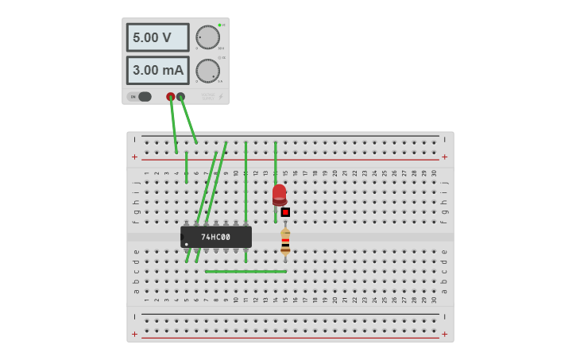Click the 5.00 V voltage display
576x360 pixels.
[x=157, y=37]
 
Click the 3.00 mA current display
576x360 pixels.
[x=157, y=70]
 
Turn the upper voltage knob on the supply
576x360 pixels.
[x=207, y=37]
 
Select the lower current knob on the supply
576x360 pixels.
[x=207, y=71]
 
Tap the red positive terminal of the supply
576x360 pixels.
[x=170, y=97]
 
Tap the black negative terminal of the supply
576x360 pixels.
[x=181, y=97]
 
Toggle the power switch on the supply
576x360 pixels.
[x=142, y=97]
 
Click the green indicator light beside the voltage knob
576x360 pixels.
[x=219, y=25]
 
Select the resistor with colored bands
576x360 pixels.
[x=285, y=242]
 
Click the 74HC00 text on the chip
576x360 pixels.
[x=215, y=237]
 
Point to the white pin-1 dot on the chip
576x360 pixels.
[x=187, y=244]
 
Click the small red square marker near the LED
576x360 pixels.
[x=285, y=212]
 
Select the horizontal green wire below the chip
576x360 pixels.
[x=245, y=271]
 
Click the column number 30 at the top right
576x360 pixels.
[x=434, y=172]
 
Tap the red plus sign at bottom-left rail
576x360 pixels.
[x=134, y=334]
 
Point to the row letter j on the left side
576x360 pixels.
[x=136, y=182]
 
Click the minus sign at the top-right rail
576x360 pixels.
[x=444, y=139]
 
